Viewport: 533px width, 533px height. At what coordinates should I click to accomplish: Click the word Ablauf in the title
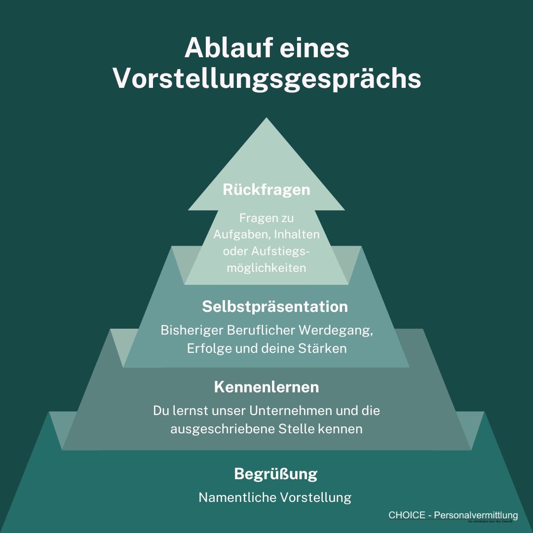pyautogui.click(x=229, y=48)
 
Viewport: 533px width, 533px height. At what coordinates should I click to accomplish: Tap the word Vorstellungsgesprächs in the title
pyautogui.click(x=267, y=79)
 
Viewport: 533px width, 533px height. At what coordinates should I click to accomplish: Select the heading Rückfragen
pyautogui.click(x=266, y=190)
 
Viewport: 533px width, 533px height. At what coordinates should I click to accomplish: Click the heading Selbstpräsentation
pyautogui.click(x=275, y=306)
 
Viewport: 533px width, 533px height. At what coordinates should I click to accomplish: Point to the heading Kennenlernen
pyautogui.click(x=266, y=387)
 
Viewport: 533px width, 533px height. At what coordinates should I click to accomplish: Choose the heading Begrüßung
pyautogui.click(x=275, y=474)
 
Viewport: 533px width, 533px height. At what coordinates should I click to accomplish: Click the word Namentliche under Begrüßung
pyautogui.click(x=237, y=497)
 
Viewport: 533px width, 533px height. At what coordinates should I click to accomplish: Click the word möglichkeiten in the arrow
pyautogui.click(x=266, y=268)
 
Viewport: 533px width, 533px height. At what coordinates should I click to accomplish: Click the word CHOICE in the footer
pyautogui.click(x=406, y=515)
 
